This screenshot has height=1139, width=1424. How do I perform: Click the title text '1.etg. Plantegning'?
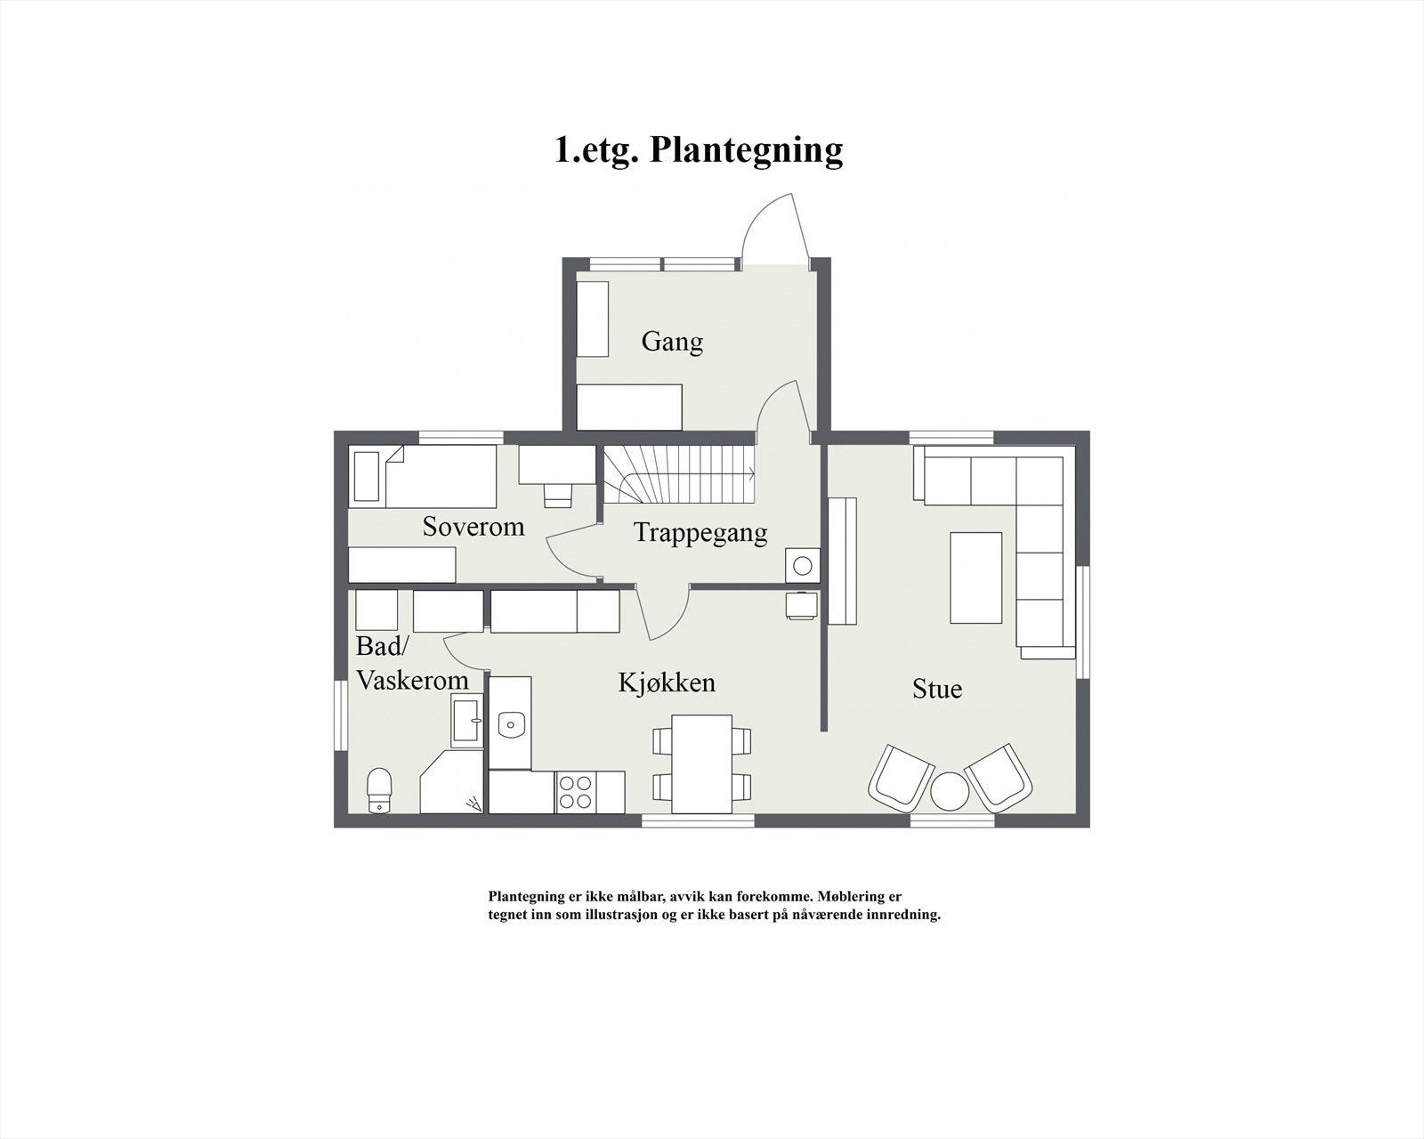pyautogui.click(x=699, y=149)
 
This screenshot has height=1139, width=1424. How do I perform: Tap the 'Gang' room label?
pyautogui.click(x=672, y=342)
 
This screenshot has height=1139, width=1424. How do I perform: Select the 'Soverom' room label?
pyautogui.click(x=473, y=527)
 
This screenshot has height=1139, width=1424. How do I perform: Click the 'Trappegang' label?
pyautogui.click(x=700, y=533)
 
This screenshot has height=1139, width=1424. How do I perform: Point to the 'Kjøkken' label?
pyautogui.click(x=667, y=683)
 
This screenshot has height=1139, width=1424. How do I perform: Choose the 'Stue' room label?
pyautogui.click(x=937, y=689)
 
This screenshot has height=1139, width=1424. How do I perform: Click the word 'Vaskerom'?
pyautogui.click(x=412, y=681)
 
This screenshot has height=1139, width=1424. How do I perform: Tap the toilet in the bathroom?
pyautogui.click(x=380, y=789)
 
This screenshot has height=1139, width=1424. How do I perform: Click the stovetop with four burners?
pyautogui.click(x=576, y=792)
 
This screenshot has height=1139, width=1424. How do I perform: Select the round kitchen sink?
pyautogui.click(x=510, y=723)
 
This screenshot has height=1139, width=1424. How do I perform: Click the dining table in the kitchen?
pyautogui.click(x=701, y=763)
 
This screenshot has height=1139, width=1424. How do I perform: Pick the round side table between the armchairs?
pyautogui.click(x=949, y=791)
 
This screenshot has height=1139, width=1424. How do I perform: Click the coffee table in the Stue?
pyautogui.click(x=975, y=578)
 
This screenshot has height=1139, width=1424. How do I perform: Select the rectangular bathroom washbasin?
pyautogui.click(x=467, y=721)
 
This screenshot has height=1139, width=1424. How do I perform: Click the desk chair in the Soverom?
pyautogui.click(x=557, y=495)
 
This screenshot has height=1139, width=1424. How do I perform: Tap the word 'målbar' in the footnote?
pyautogui.click(x=635, y=897)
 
